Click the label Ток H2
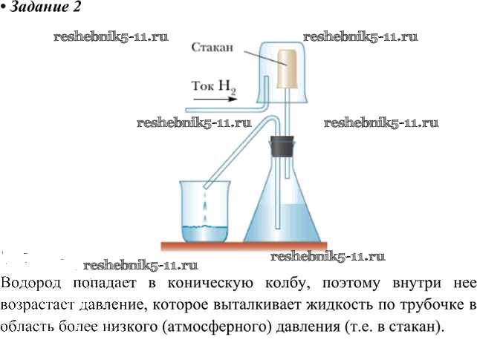tap(213, 86)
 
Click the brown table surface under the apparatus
tap(245, 245)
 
